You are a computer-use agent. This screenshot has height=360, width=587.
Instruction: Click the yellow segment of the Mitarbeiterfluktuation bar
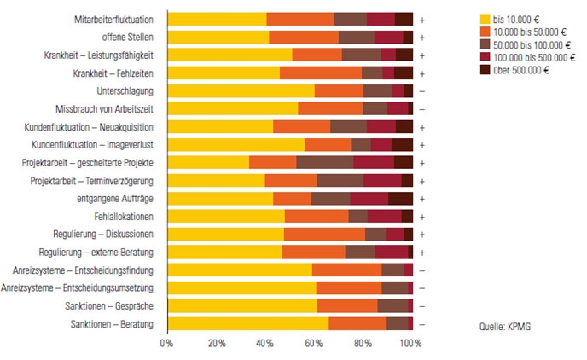coord(217,19)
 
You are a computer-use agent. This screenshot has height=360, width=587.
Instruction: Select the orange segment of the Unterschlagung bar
coord(340,90)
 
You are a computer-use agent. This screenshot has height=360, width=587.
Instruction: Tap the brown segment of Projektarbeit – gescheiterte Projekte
coord(324,162)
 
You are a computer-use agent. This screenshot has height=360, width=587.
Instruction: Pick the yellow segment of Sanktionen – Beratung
coord(247,323)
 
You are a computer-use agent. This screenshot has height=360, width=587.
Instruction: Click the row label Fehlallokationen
coord(124,216)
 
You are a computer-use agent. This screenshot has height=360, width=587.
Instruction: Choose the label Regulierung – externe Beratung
coord(96,252)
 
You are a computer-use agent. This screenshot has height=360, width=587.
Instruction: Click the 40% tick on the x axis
coord(264,343)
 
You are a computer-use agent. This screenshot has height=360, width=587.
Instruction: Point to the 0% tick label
coord(166,343)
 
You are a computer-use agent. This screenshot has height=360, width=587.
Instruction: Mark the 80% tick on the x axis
coord(363,343)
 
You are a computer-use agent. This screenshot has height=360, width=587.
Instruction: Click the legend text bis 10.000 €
coord(520,17)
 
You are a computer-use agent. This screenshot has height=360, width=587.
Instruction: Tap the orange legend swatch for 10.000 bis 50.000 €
coord(486,30)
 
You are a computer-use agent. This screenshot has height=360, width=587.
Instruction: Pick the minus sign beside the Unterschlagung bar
coord(422,90)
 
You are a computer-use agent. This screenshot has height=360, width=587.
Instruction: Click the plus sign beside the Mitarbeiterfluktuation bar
coord(422,19)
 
